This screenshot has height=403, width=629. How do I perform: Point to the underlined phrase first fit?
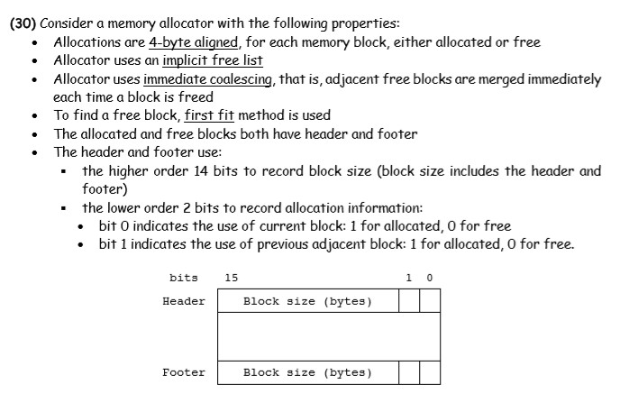(212, 115)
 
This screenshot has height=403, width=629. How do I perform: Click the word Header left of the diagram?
(183, 301)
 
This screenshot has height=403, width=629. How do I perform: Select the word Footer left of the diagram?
(183, 371)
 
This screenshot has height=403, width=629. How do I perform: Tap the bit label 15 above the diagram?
(232, 278)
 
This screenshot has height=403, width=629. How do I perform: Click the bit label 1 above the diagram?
(410, 278)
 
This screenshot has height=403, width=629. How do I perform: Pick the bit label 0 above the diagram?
(429, 278)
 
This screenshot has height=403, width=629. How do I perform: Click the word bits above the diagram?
(183, 278)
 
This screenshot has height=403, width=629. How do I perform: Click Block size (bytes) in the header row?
(307, 301)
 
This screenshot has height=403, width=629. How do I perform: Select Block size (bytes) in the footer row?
(307, 371)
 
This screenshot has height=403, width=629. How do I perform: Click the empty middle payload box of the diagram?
(328, 336)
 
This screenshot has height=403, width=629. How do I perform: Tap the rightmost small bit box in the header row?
(430, 301)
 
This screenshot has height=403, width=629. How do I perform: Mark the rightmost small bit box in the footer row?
(430, 371)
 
